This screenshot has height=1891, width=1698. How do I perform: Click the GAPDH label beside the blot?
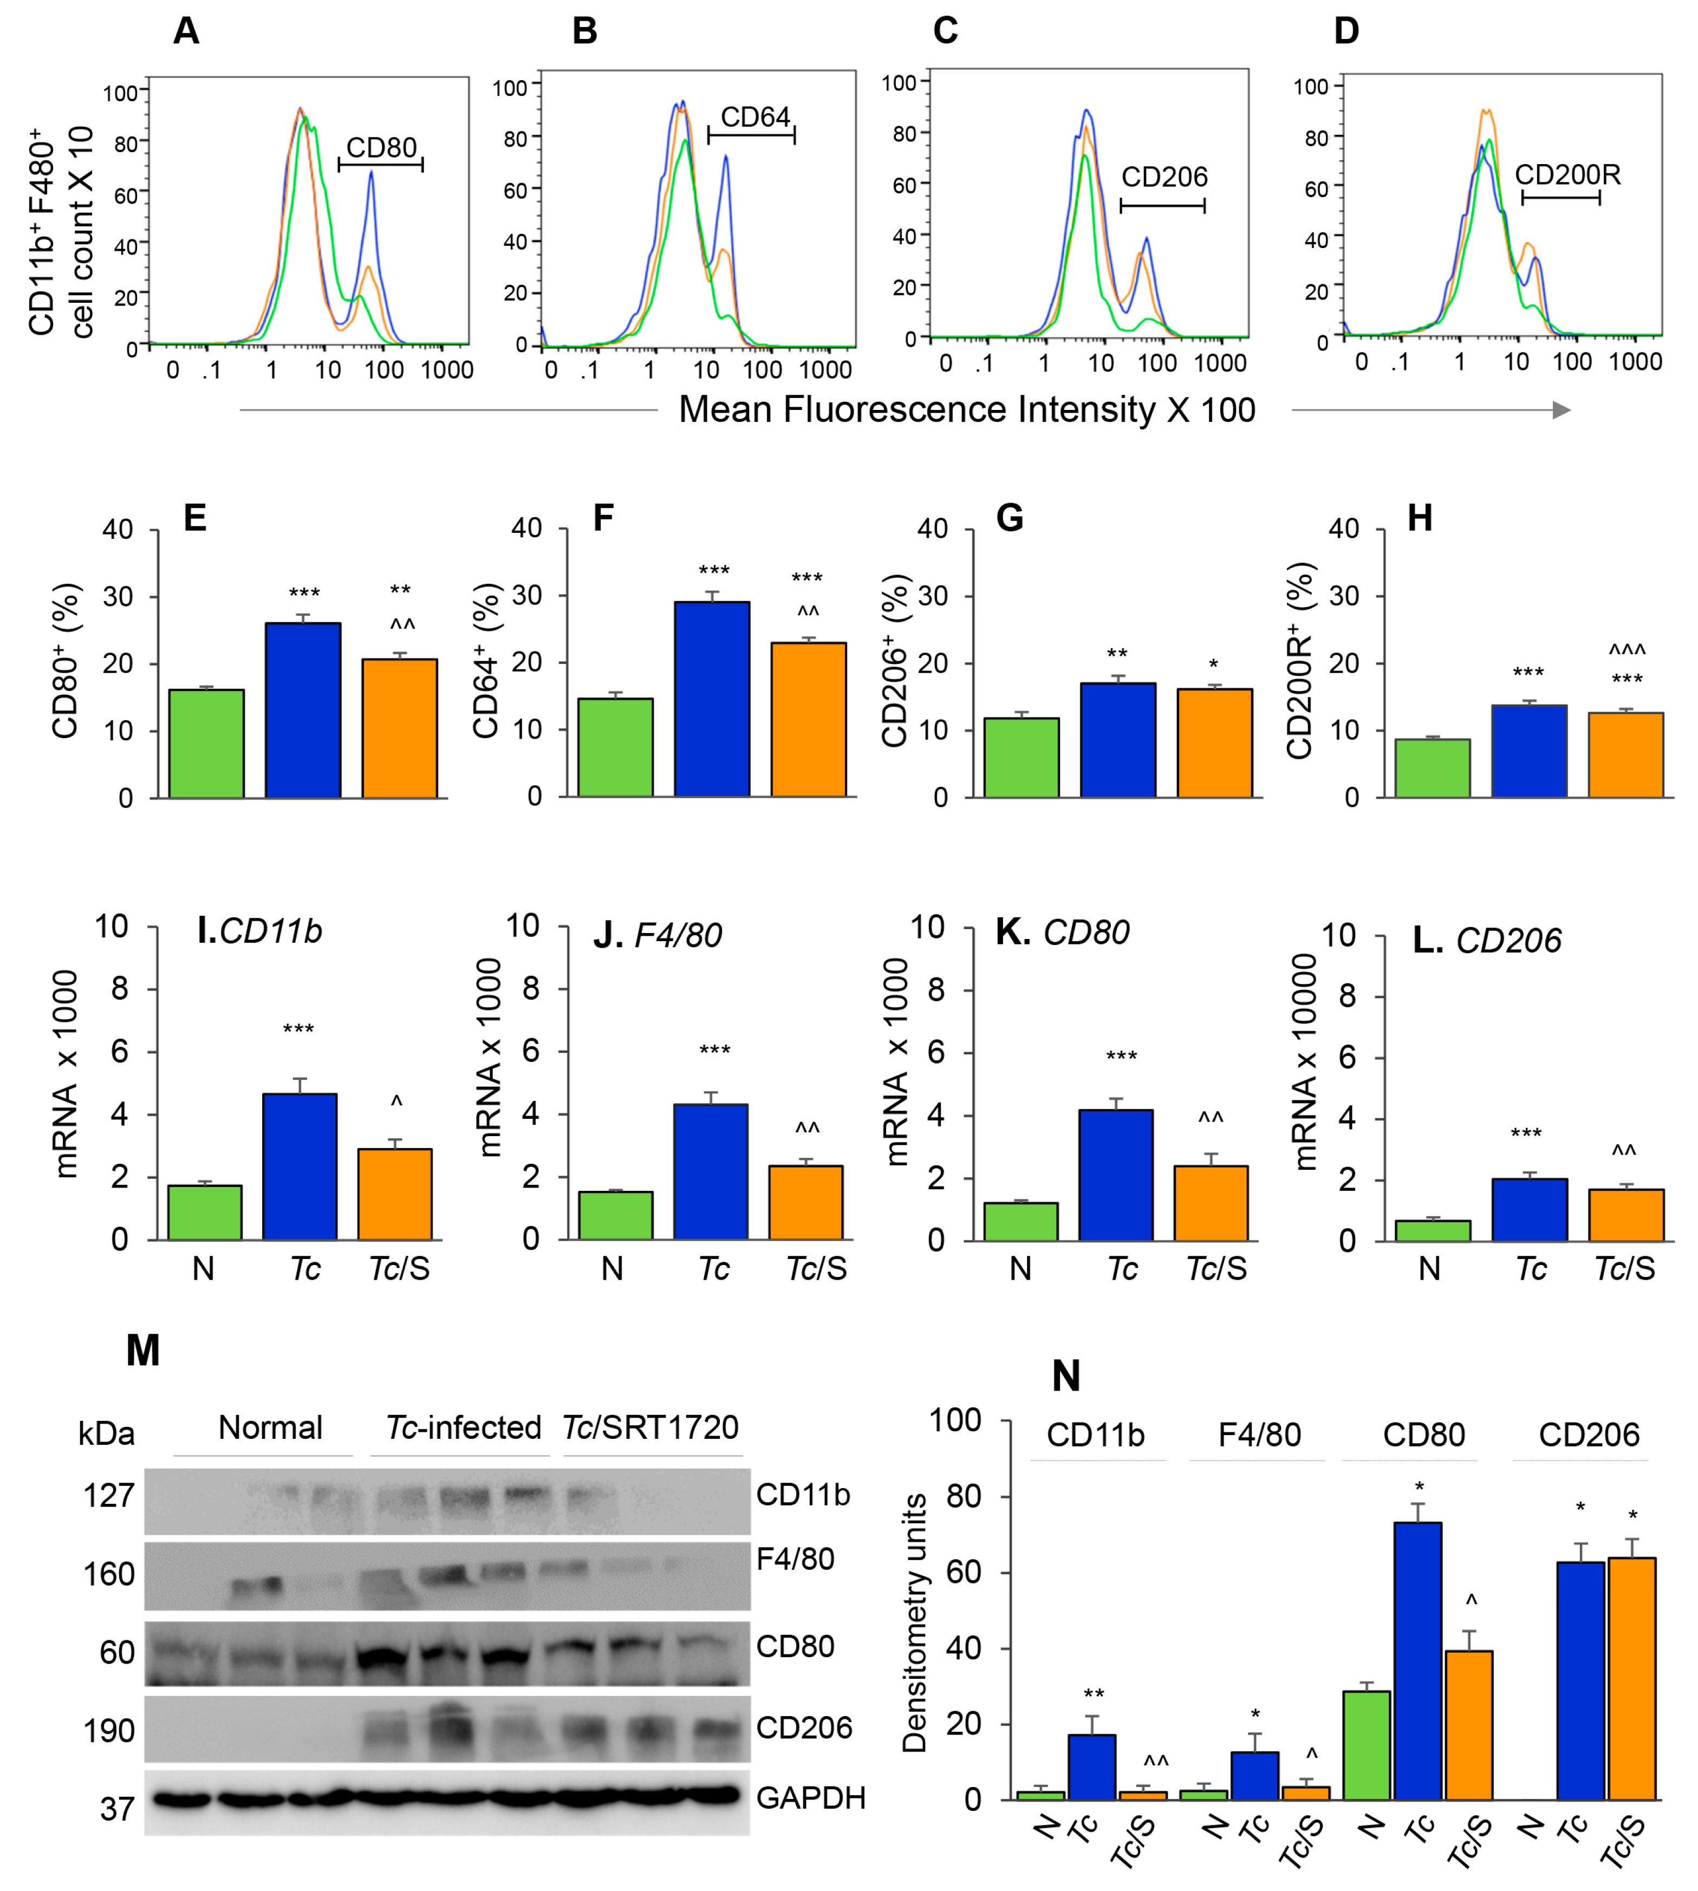(x=810, y=1797)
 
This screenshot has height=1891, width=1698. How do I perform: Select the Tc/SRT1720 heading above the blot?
(x=650, y=1427)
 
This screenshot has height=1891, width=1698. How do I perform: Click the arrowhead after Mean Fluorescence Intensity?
(x=1561, y=409)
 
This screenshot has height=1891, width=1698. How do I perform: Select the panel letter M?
(x=143, y=1350)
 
